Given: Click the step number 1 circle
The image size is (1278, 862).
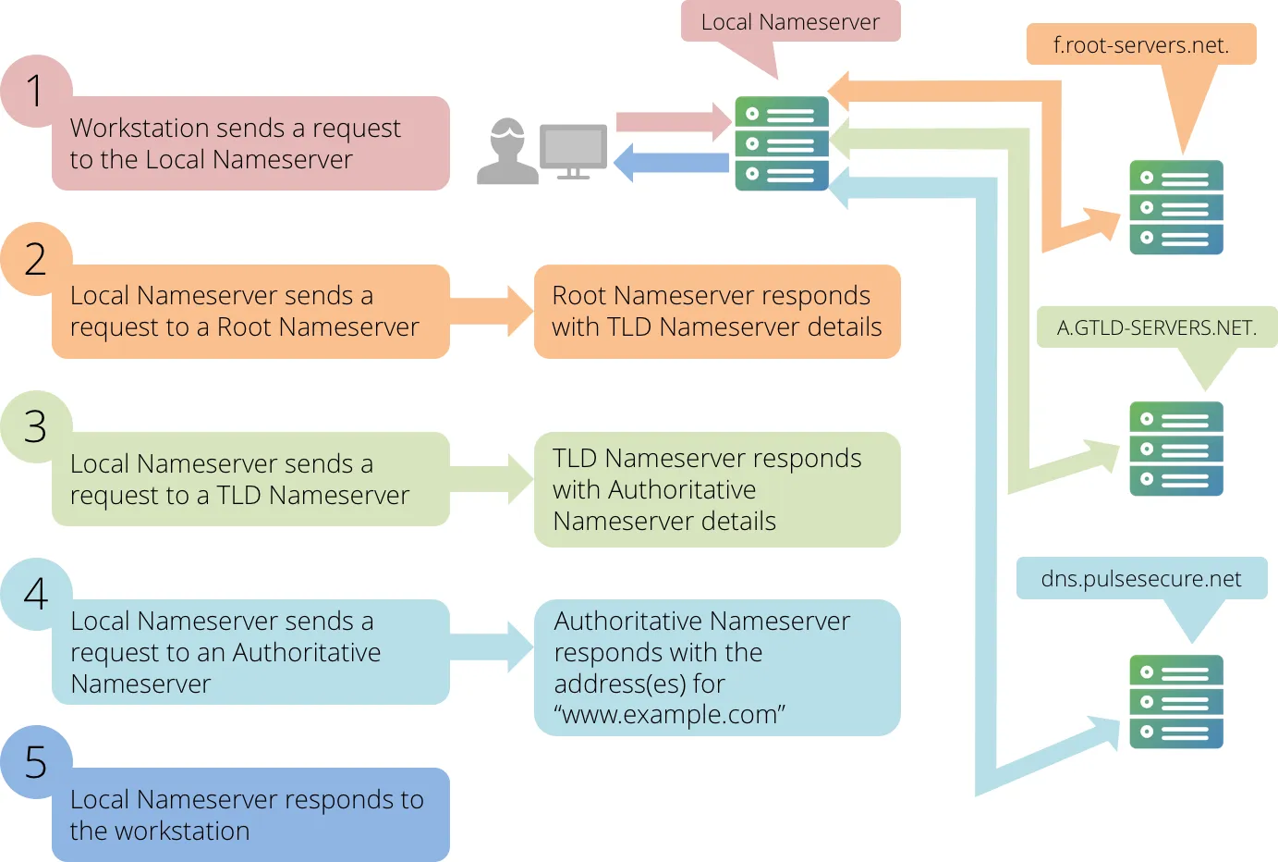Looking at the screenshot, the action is point(35,92).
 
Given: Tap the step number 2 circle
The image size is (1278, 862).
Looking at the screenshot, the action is point(35,259).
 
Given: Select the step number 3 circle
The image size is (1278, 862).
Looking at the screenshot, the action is point(35,427).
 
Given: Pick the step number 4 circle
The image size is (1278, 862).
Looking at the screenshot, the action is point(35,595).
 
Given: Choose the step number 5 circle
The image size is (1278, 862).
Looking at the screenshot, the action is point(35,762).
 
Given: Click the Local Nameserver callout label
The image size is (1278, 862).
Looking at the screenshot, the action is point(790,21).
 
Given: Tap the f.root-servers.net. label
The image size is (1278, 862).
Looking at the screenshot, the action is point(1141,44).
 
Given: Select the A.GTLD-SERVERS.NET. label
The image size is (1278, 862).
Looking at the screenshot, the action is point(1156,327).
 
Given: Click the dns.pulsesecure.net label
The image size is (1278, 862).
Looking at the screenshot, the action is point(1141,578).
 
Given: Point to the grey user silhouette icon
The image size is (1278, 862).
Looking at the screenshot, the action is point(506,152).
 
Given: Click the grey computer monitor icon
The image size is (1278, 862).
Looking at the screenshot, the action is point(573,152).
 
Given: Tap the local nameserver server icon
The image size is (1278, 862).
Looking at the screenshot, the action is point(782,143).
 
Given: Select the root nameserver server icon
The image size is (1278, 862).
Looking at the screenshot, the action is point(1175,207).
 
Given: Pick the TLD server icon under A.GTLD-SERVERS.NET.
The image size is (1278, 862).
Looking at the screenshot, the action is point(1175,449).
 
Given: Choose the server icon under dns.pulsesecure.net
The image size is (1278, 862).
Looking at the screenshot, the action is point(1175,702).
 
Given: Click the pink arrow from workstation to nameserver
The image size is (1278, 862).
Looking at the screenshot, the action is point(674,121).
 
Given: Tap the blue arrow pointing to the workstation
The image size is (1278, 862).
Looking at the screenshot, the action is point(671,163).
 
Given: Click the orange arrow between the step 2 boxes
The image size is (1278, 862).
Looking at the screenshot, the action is point(492,312).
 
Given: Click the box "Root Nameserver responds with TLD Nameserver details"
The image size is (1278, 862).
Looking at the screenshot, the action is point(717,312).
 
